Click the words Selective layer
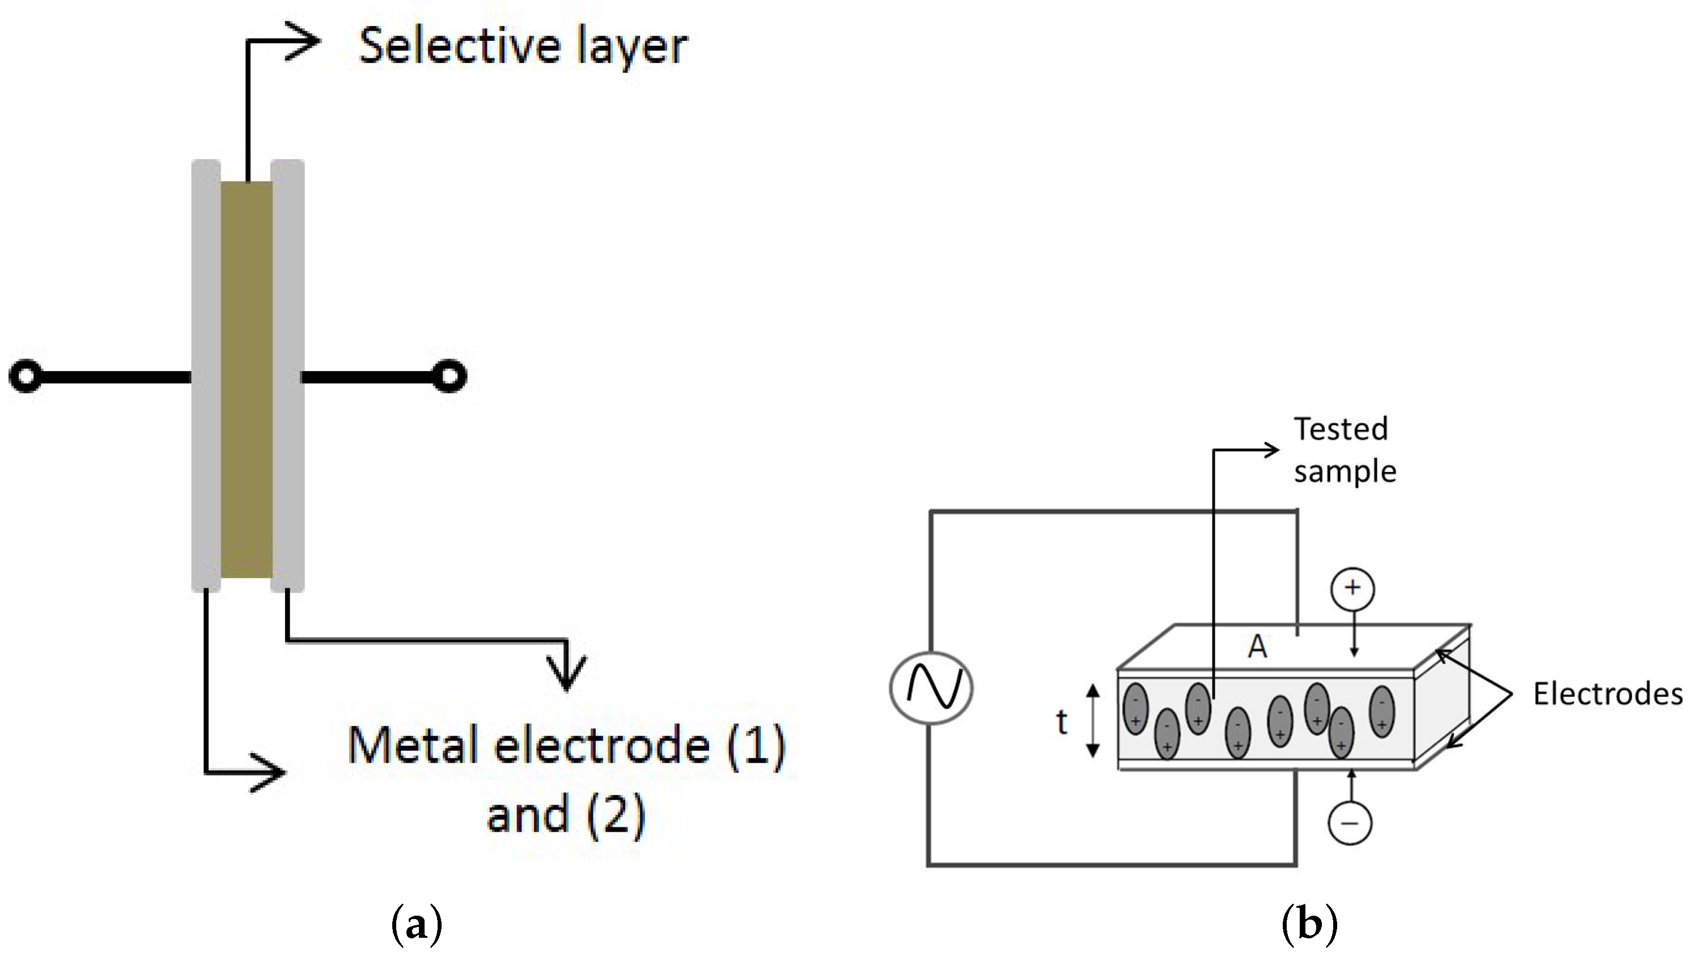point(523,46)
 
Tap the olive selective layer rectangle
point(246,380)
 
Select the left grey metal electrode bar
point(205,376)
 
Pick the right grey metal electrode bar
point(288,376)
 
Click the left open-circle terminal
point(25,376)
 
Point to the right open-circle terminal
point(449,376)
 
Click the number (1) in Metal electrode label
point(756,746)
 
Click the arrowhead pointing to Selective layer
point(304,41)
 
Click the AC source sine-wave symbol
point(931,688)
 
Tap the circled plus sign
point(1352,588)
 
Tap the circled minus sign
point(1350,823)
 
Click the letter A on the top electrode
point(1257,647)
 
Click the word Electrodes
point(1608,694)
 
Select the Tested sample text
point(1343,450)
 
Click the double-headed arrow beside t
point(1093,721)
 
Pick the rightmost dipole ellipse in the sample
point(1382,712)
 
